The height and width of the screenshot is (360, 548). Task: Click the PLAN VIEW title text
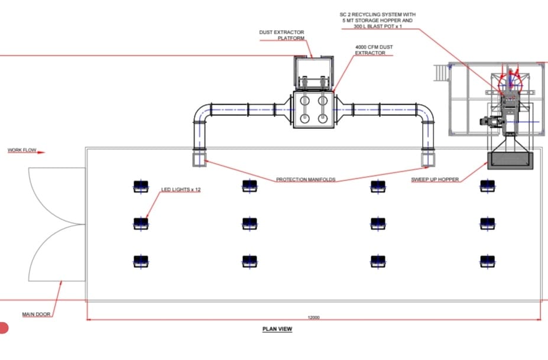coord(277,329)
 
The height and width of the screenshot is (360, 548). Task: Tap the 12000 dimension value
coord(313,317)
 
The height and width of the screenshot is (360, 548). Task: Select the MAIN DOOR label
coord(36,314)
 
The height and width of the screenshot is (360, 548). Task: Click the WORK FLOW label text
coord(22,151)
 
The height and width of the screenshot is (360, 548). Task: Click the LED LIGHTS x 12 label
coord(181,190)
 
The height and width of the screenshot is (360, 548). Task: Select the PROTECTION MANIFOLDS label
coord(305,179)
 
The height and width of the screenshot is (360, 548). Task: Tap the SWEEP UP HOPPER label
coord(434,179)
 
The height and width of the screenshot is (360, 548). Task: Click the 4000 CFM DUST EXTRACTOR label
coord(370,50)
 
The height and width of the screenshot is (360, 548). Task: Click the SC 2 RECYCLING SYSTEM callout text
coord(377,20)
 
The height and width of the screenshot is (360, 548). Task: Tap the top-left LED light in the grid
coord(140,186)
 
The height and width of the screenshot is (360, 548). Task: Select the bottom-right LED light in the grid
coord(487,260)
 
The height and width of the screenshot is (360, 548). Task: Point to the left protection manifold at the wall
coord(198,158)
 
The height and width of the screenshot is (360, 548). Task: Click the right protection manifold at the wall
coord(429,158)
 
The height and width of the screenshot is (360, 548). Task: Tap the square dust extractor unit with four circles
coord(313,109)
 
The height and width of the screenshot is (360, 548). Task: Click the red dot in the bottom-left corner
coord(3,327)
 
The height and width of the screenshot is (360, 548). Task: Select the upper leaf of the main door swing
coord(56,195)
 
